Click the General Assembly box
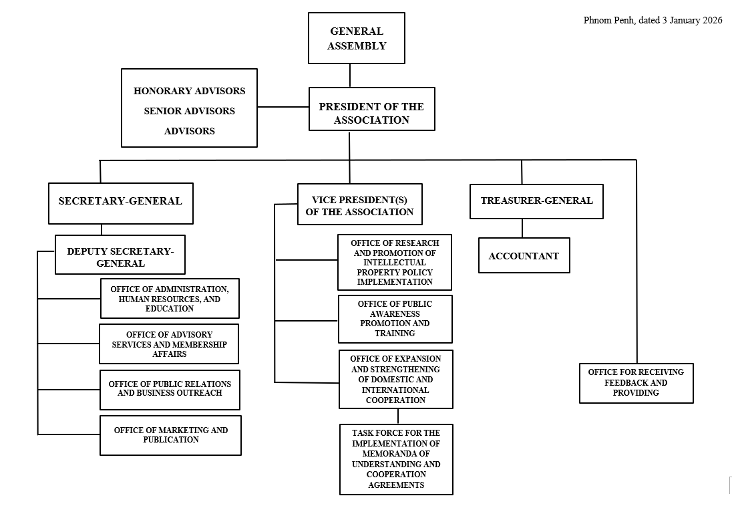(357, 38)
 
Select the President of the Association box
(371, 108)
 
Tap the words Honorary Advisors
(189, 91)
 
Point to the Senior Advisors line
(189, 111)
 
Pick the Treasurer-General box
(536, 201)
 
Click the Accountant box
(524, 255)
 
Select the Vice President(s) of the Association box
(359, 204)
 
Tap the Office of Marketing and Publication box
(170, 435)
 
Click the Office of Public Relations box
(170, 390)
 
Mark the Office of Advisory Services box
(169, 344)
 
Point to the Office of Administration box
(170, 298)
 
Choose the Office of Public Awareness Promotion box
(395, 319)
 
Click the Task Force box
(396, 459)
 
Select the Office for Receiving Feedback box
(636, 383)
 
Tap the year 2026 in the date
(711, 20)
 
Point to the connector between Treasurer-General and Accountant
(522, 228)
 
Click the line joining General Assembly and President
(350, 76)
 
